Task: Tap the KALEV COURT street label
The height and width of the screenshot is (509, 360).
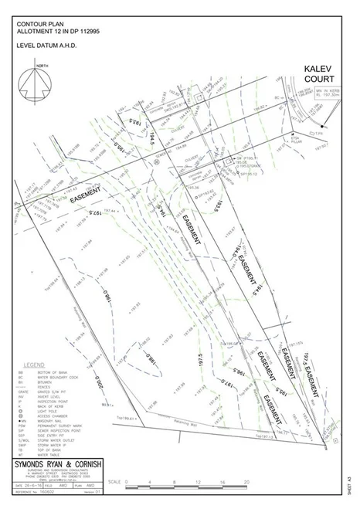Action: click(318, 74)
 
